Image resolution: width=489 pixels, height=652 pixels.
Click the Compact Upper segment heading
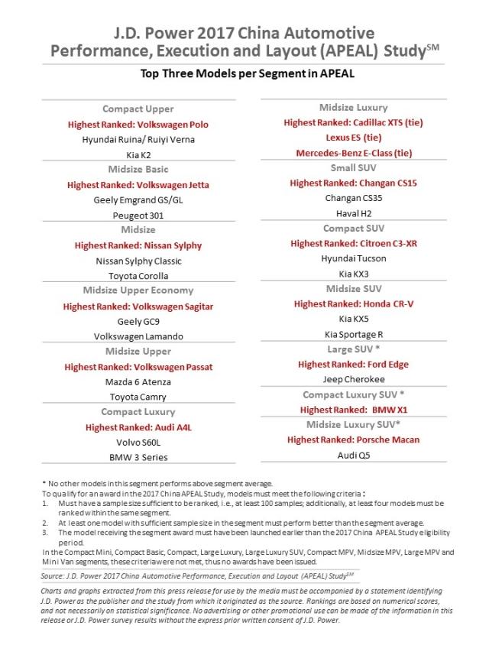click(x=138, y=109)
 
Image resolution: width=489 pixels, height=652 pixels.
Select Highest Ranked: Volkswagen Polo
click(x=138, y=124)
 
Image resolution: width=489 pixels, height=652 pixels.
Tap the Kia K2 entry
click(x=138, y=154)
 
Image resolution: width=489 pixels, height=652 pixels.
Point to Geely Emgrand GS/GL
click(x=138, y=200)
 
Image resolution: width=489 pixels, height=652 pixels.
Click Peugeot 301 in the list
click(x=138, y=216)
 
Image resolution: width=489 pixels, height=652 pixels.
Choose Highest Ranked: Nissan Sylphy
click(x=138, y=245)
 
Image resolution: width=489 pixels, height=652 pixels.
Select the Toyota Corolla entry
click(x=138, y=276)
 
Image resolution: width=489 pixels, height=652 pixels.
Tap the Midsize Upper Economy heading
click(x=138, y=290)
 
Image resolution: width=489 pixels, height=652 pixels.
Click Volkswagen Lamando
click(x=138, y=336)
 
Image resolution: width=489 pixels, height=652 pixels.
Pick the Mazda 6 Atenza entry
click(x=138, y=381)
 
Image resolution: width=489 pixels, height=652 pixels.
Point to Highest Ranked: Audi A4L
click(x=138, y=427)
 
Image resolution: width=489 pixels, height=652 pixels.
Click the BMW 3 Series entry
click(x=138, y=457)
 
